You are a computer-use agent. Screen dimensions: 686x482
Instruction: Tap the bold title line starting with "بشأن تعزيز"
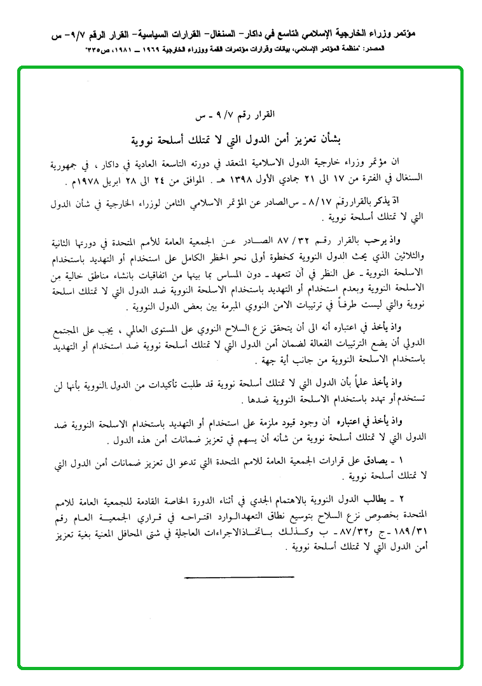point(240,138)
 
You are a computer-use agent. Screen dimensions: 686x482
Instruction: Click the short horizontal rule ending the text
point(238,577)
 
